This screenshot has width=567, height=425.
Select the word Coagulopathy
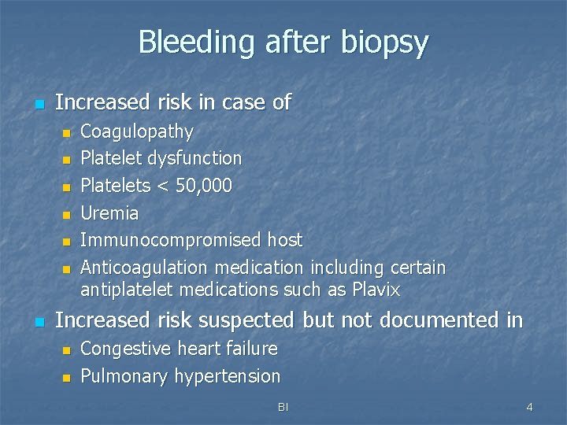pyautogui.click(x=137, y=131)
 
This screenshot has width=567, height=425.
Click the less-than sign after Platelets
pyautogui.click(x=157, y=186)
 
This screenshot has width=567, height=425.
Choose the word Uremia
pyautogui.click(x=110, y=213)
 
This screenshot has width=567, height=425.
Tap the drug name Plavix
pyautogui.click(x=376, y=290)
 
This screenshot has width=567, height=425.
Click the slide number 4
pyautogui.click(x=529, y=407)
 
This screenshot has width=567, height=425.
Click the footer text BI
pyautogui.click(x=283, y=407)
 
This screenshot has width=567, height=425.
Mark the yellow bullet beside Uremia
pyautogui.click(x=67, y=214)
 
